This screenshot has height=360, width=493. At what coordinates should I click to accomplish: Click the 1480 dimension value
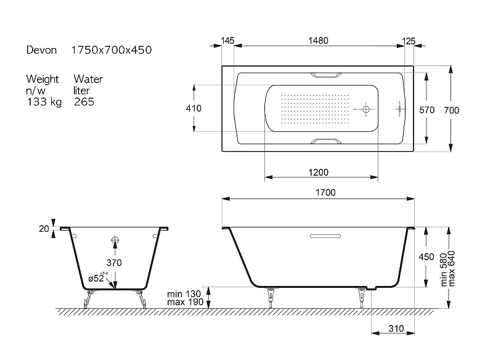point(318,41)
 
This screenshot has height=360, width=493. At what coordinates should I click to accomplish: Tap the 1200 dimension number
point(318,173)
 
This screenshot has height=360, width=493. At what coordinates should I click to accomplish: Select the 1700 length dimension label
point(325,192)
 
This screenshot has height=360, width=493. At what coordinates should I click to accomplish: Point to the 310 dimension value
point(396,329)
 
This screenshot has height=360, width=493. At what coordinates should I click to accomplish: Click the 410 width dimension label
point(194,108)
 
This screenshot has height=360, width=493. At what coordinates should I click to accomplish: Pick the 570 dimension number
point(426,110)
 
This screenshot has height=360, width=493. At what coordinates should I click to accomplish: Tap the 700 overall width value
point(452,110)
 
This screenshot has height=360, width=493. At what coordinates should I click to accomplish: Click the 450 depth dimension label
point(426,257)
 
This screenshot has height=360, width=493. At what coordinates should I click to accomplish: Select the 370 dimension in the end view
point(114,263)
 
